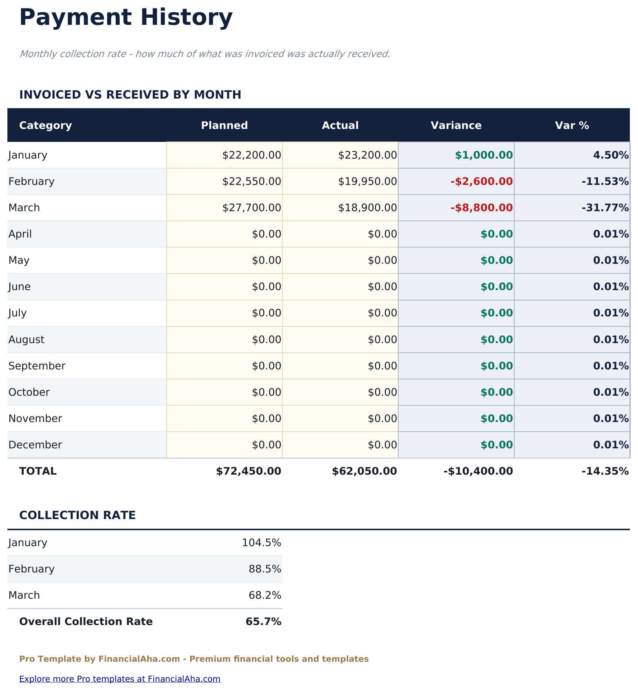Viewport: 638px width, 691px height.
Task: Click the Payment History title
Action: click(126, 17)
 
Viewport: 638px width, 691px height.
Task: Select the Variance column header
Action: click(456, 125)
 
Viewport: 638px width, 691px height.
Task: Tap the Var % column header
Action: click(572, 125)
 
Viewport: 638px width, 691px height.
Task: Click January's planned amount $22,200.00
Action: click(252, 155)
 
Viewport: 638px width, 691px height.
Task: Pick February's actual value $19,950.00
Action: click(367, 181)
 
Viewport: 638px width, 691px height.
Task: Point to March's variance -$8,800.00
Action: click(482, 207)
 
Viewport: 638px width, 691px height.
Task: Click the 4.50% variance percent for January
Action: click(611, 155)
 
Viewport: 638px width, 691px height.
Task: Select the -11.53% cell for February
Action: click(605, 181)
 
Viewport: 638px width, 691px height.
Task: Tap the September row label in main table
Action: click(37, 366)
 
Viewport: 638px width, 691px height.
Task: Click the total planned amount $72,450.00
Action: click(249, 471)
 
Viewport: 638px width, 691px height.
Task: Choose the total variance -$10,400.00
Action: click(478, 471)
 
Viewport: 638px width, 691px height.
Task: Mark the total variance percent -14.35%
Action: click(605, 471)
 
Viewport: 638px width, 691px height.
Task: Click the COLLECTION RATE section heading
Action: click(77, 515)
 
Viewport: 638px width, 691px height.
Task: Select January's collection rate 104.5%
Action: click(262, 542)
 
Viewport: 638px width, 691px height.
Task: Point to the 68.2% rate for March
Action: click(265, 595)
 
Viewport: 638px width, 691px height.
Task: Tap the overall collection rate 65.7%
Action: click(263, 621)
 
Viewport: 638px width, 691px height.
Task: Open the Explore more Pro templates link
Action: click(120, 679)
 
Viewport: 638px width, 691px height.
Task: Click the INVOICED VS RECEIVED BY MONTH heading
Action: click(130, 94)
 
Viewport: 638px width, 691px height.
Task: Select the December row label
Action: click(35, 445)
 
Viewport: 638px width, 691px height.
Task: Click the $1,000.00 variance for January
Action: click(484, 155)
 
